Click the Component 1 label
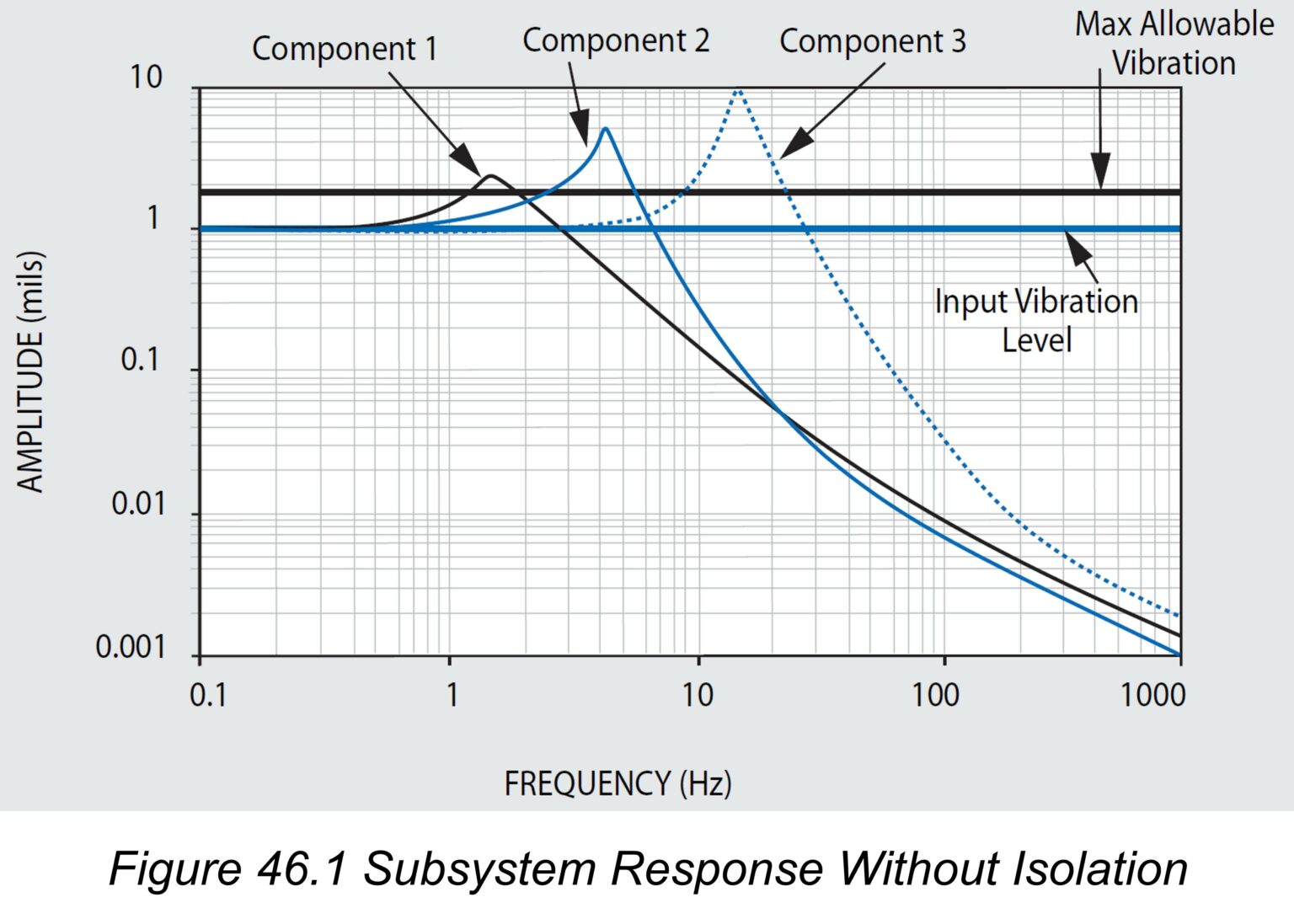coord(345,50)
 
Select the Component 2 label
coord(616,41)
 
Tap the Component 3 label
coord(872,41)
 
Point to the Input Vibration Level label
coord(1036,320)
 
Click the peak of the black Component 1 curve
coord(489,175)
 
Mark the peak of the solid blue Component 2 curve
coord(605,129)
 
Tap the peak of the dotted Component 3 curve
coord(738,89)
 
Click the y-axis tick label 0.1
coord(140,361)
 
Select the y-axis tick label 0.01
coord(138,505)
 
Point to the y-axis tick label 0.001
coord(130,648)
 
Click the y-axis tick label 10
coord(145,77)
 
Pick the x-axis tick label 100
coord(935,696)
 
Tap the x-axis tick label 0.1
coord(208,696)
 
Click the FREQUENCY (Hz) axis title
coord(618,783)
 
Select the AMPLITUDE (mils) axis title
coord(30,371)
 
